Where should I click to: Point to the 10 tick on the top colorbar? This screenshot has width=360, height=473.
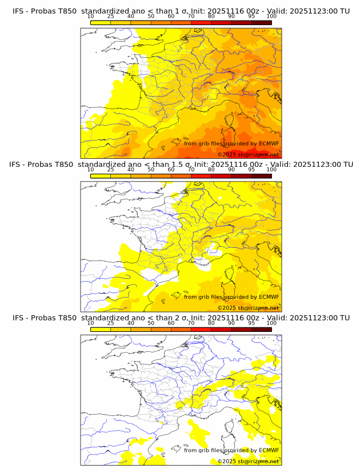click(x=91, y=17)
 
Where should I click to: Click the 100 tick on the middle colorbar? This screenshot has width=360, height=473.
click(x=271, y=170)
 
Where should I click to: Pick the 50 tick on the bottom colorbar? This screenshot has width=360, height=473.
click(x=151, y=323)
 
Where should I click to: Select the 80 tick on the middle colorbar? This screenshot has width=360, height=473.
click(x=211, y=170)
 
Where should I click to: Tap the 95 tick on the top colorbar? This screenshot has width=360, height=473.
click(x=251, y=17)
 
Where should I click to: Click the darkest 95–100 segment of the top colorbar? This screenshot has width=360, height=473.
click(x=261, y=22)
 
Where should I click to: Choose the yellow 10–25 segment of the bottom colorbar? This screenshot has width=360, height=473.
click(x=101, y=328)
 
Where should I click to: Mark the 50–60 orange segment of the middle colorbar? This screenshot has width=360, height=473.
click(x=161, y=175)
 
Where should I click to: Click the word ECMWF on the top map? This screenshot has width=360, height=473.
click(x=269, y=143)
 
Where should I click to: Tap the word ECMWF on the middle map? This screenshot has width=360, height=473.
click(x=269, y=296)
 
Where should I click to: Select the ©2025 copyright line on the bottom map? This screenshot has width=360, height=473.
click(x=248, y=461)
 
